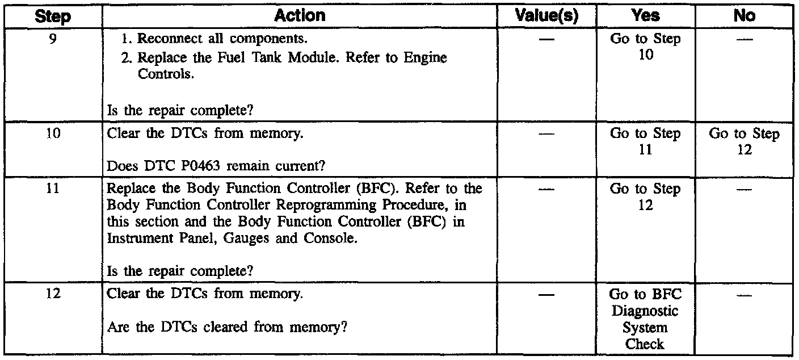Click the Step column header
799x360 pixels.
coord(52,16)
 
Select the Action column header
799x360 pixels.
coord(299,16)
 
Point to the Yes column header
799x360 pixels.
coord(645,16)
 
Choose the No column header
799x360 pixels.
coord(743,16)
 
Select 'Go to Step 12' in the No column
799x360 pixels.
coord(744,143)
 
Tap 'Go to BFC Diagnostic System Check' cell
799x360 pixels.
coord(645,319)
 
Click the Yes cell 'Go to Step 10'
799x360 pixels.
coord(645,47)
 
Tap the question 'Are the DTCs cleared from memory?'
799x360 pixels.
coord(227,328)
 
